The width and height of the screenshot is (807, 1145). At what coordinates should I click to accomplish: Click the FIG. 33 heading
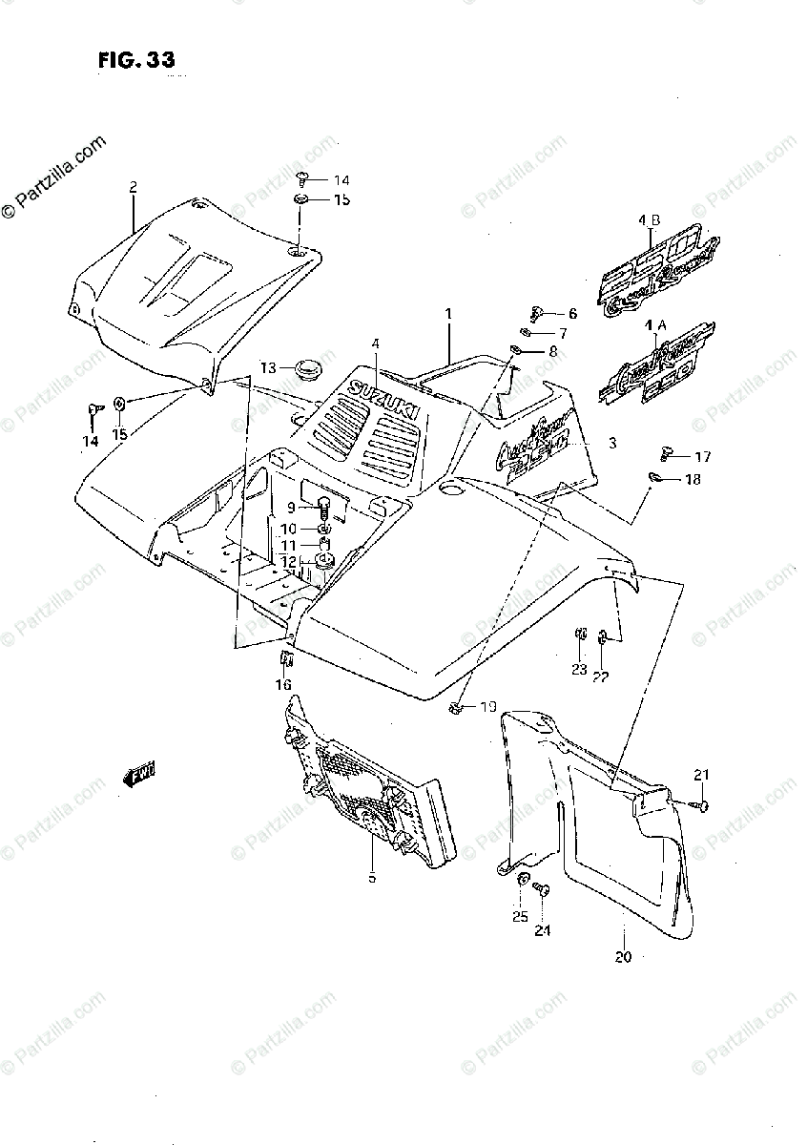135,60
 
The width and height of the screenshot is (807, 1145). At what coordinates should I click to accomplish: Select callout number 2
134,187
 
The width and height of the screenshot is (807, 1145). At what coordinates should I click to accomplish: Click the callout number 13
268,367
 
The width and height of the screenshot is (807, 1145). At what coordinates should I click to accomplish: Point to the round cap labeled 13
307,367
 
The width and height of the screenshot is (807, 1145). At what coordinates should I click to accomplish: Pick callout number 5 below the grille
372,877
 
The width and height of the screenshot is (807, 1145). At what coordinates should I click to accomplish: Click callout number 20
623,957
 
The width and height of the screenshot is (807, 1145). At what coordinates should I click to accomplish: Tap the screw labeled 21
704,807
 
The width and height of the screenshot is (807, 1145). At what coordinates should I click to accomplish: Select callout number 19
487,707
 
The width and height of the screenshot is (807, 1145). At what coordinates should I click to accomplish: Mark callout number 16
283,684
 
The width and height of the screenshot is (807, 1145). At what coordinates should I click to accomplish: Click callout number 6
571,313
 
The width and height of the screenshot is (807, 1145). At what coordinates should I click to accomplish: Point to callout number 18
692,479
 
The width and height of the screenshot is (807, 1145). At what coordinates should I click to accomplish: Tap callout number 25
519,917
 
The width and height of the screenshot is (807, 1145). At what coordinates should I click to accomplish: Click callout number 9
291,507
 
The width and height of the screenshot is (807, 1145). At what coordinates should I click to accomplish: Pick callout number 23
579,669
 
